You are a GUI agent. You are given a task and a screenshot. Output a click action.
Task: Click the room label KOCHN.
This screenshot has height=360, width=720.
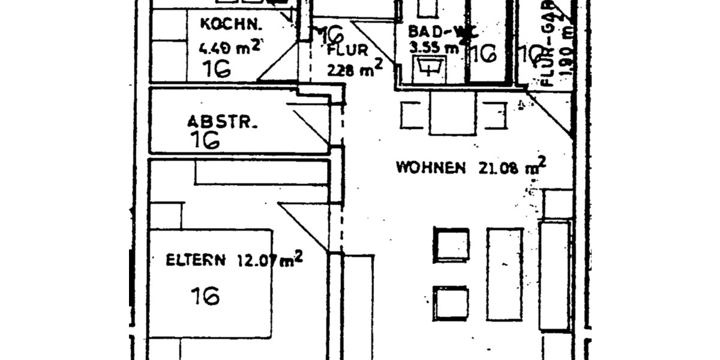coord(231,25)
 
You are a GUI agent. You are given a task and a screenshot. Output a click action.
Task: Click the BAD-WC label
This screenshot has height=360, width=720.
coord(432,31)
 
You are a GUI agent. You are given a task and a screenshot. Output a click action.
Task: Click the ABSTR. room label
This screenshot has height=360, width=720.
coord(222,122)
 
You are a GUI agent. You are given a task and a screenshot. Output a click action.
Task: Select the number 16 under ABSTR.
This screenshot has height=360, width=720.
coord(205,140)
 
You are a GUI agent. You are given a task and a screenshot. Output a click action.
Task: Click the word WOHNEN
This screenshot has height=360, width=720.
coord(430,167)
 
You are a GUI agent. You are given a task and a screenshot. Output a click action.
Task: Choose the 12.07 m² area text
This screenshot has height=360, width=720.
coord(269,260)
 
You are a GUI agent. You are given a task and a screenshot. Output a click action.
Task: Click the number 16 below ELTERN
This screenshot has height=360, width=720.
coord(205,295)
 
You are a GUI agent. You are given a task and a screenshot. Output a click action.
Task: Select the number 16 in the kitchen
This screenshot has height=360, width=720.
coord(217,68)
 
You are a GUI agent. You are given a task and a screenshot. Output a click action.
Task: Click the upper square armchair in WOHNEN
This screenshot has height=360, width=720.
coord(451,244)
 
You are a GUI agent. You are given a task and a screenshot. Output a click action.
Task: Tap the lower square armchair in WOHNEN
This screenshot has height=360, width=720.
coord(451,303)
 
